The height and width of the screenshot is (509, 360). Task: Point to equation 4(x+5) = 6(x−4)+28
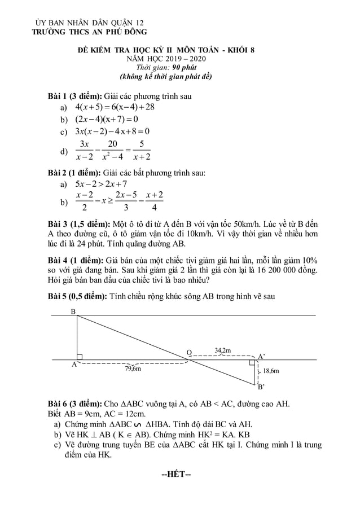[115, 107]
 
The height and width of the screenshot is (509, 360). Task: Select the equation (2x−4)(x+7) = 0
[107, 120]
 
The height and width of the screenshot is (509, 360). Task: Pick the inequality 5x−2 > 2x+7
[101, 184]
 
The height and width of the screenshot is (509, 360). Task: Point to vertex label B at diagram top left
[73, 312]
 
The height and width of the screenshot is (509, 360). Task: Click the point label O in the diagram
[189, 353]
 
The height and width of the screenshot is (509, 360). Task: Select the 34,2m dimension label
[222, 350]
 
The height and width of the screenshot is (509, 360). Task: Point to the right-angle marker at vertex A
[80, 357]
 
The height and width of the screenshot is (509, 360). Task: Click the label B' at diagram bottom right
[261, 387]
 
